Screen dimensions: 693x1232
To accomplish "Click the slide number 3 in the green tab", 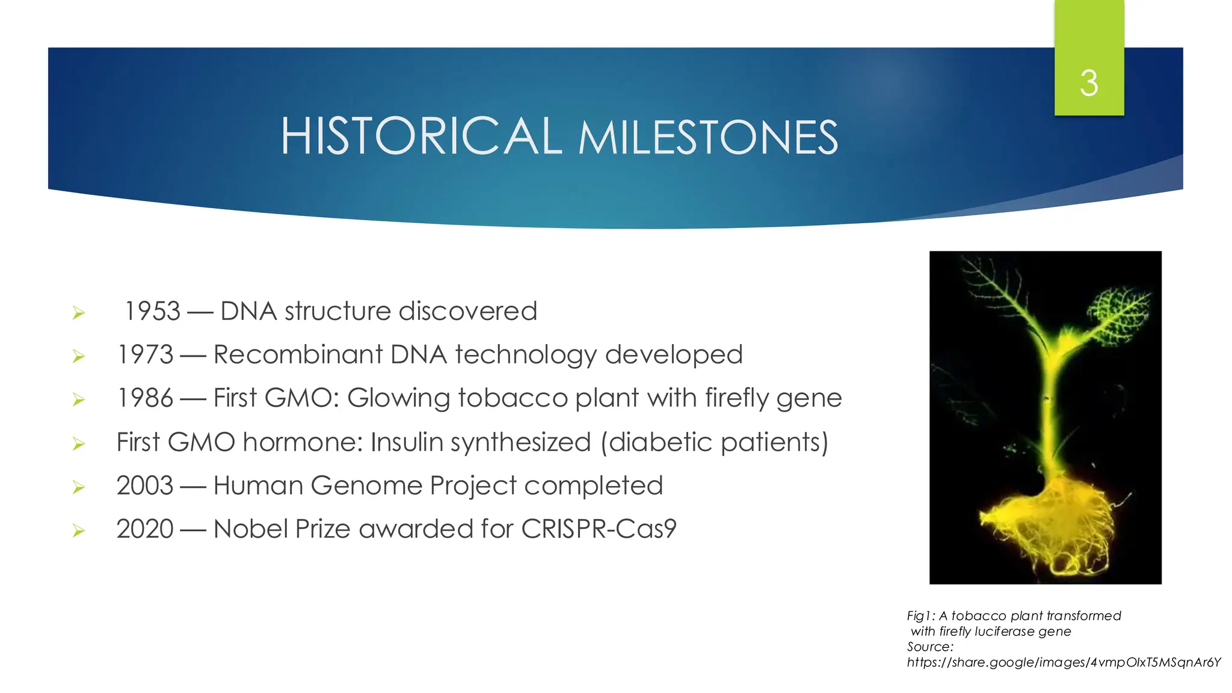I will coord(1089,83).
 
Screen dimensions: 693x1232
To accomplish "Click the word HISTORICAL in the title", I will coord(421,137).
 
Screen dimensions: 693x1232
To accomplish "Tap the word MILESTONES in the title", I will coord(708,138).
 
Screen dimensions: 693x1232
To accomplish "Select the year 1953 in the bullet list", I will coord(152,312).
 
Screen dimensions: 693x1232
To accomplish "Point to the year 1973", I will coord(145,355).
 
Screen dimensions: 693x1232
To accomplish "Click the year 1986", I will coord(145,398).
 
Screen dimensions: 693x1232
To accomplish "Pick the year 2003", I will coord(145,486).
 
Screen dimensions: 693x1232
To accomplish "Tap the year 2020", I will coord(145,529).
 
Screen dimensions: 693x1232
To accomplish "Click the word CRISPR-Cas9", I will coord(599,529).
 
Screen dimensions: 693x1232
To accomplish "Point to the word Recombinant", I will coord(298,355).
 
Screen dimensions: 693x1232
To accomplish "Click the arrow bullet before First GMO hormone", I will coord(78,445).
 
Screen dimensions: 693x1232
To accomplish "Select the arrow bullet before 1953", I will coord(78,313).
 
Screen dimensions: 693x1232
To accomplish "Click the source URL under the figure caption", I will coord(1064,663).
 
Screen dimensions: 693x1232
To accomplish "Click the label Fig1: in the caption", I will coord(920,616).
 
